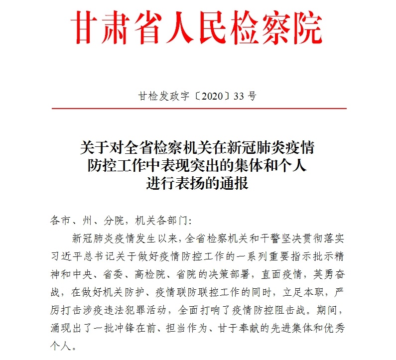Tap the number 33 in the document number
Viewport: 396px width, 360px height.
tap(240, 96)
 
